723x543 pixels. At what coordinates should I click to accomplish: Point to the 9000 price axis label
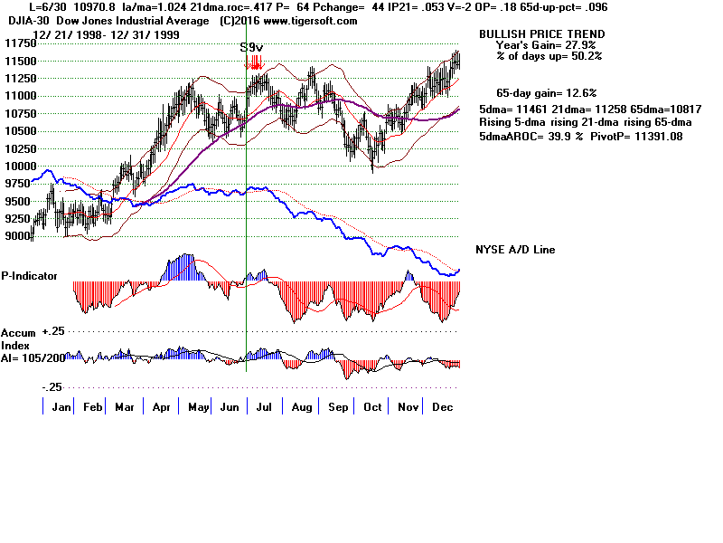point(16,236)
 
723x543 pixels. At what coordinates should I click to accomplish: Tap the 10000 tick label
point(17,167)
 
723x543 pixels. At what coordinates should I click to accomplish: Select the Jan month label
point(61,408)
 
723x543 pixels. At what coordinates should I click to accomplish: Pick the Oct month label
point(371,408)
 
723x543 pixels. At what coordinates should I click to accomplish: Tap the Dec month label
point(443,408)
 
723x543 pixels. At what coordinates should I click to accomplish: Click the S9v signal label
point(252,47)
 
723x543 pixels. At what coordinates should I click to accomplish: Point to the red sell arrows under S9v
point(257,62)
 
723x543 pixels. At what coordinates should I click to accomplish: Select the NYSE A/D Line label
point(515,250)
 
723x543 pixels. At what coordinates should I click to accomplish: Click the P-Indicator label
point(30,275)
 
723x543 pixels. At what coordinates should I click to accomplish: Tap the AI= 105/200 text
point(33,356)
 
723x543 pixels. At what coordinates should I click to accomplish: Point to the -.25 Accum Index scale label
point(52,386)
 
